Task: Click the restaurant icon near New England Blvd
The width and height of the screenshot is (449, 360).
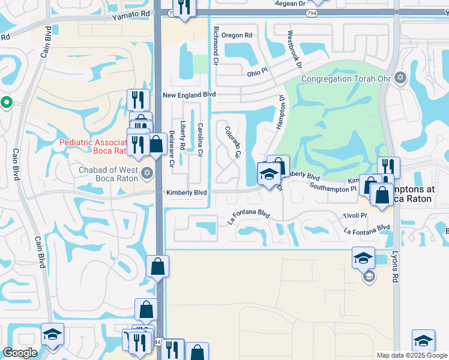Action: tap(137, 98)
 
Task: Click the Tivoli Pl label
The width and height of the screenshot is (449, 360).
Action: tap(355, 215)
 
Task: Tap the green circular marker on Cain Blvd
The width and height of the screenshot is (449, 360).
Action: tap(6, 103)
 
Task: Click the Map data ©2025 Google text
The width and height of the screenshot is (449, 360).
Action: tap(411, 355)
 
